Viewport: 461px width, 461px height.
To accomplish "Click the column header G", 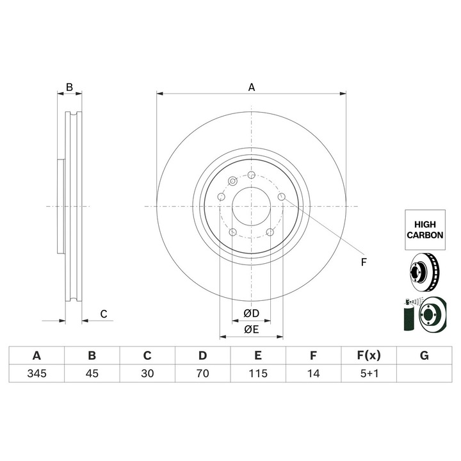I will coord(424,355).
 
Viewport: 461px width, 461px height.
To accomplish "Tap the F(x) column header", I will coord(368,355).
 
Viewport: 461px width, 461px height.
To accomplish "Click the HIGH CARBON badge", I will coord(425,230).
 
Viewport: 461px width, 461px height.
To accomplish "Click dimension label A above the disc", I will coord(252,87).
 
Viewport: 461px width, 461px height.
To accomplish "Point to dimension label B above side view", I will coord(70,87).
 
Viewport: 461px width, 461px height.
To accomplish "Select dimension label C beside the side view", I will coord(102,314).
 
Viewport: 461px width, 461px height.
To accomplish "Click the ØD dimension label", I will coord(251,314).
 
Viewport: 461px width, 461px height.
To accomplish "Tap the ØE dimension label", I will coord(251,330).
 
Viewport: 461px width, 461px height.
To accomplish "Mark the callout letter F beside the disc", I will coord(363,261).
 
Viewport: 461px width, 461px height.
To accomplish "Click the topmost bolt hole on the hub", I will coord(251,176).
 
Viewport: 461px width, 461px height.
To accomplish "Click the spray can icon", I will coord(407,314).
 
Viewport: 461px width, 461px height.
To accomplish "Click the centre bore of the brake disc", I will coord(251,206).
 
